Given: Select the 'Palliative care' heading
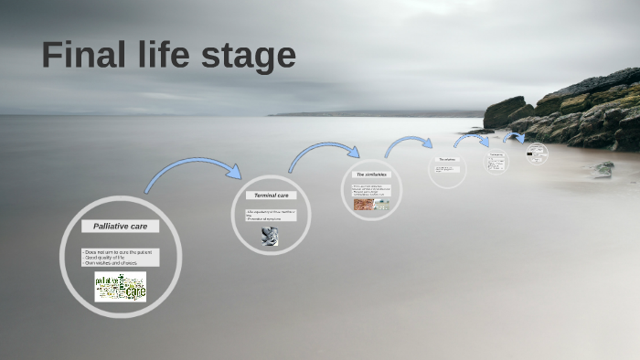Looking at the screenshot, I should [x=120, y=226].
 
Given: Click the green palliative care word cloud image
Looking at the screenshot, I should [x=120, y=287].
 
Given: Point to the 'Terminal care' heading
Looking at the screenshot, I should [x=271, y=196].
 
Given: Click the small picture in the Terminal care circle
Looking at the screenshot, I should [x=270, y=236].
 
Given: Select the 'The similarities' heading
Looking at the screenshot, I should [x=370, y=174].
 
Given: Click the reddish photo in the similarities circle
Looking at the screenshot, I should [x=362, y=205].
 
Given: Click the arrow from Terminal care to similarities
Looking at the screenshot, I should [x=325, y=151].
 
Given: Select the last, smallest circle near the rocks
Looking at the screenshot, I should [x=537, y=154].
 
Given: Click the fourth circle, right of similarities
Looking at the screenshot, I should [x=447, y=168].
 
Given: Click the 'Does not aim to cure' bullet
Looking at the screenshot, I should [x=118, y=250].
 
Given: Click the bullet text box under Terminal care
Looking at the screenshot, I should [x=271, y=215].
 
